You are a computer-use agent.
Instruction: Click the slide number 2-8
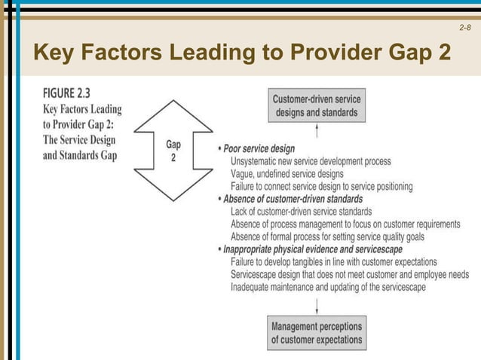coord(464,28)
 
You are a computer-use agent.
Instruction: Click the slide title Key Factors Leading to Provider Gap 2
coord(241,53)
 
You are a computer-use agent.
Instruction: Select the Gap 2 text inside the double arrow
coord(173,150)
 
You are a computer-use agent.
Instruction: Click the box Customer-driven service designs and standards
coord(317,106)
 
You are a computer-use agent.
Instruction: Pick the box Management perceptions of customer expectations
coord(317,333)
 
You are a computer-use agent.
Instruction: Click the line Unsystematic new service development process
coord(311,161)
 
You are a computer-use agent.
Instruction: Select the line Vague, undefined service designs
coord(287,174)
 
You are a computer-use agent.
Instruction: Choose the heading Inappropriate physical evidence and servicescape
coord(313,249)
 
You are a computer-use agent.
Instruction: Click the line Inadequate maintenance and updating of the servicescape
coord(328,287)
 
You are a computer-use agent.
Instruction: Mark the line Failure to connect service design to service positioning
coord(322,186)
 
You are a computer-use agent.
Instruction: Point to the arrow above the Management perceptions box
coord(317,305)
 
